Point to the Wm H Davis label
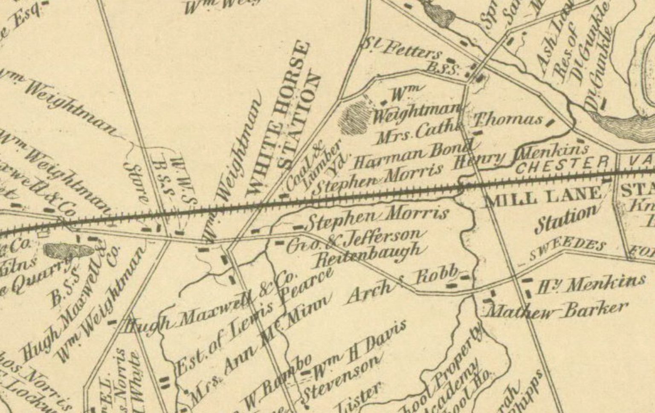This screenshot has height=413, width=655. click(360, 352)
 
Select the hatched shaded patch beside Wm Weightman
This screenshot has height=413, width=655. click(354, 117)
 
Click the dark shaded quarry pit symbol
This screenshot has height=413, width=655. click(68, 251)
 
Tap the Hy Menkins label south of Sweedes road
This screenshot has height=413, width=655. click(591, 283)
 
